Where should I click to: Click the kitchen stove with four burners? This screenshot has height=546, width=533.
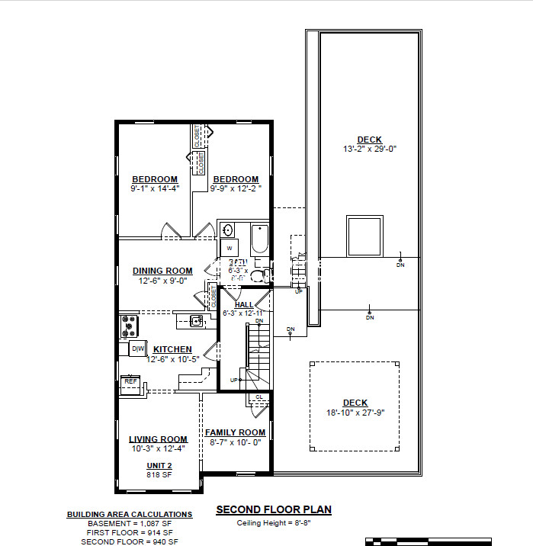[x=129, y=326]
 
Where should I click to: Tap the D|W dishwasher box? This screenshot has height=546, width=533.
[x=138, y=349]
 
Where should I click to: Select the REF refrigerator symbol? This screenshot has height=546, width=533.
[x=132, y=381]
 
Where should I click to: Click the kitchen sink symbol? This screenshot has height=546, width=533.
[x=196, y=320]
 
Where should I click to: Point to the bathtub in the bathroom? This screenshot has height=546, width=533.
[x=260, y=239]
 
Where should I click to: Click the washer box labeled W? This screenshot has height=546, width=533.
[x=228, y=248]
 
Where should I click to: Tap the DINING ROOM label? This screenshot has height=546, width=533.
[x=162, y=271]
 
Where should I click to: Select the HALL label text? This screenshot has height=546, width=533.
[x=244, y=305]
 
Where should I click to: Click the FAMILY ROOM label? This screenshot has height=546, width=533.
[x=235, y=432]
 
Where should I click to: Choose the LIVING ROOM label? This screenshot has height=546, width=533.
[x=158, y=439]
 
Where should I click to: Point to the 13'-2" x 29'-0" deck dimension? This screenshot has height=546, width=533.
[x=370, y=149]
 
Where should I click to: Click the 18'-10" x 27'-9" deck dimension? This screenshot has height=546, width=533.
[x=355, y=413]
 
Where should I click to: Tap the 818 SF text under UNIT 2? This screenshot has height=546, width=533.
[x=159, y=474]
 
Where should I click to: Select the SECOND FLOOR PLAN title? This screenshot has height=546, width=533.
[x=274, y=509]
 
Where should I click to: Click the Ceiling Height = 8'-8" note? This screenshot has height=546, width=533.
[x=274, y=523]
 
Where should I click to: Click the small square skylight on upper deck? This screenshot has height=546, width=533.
[x=364, y=236]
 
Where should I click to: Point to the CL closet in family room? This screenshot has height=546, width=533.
[x=258, y=397]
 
